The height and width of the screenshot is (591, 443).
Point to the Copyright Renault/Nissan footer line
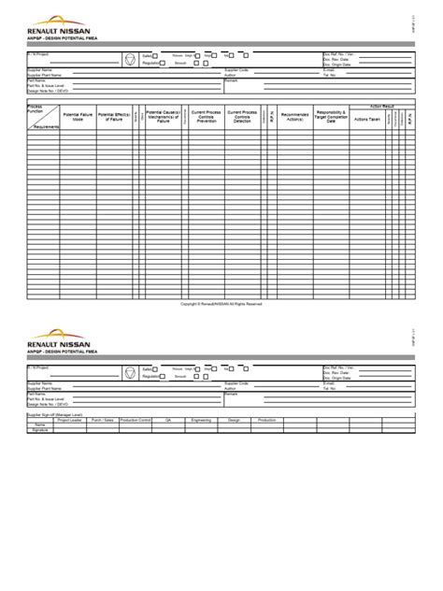pos(221,303)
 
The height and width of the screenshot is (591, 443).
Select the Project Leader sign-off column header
pos(70,420)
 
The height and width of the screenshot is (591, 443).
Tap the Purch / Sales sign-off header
pos(103,420)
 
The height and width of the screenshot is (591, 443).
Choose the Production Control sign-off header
pos(136,420)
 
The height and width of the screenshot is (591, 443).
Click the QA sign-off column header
pos(168,420)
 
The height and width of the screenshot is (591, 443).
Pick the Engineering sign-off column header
pos(201,420)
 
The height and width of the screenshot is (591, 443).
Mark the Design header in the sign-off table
pos(234,420)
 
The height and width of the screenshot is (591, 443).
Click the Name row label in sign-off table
pos(40,425)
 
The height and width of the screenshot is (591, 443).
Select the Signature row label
pos(40,429)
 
